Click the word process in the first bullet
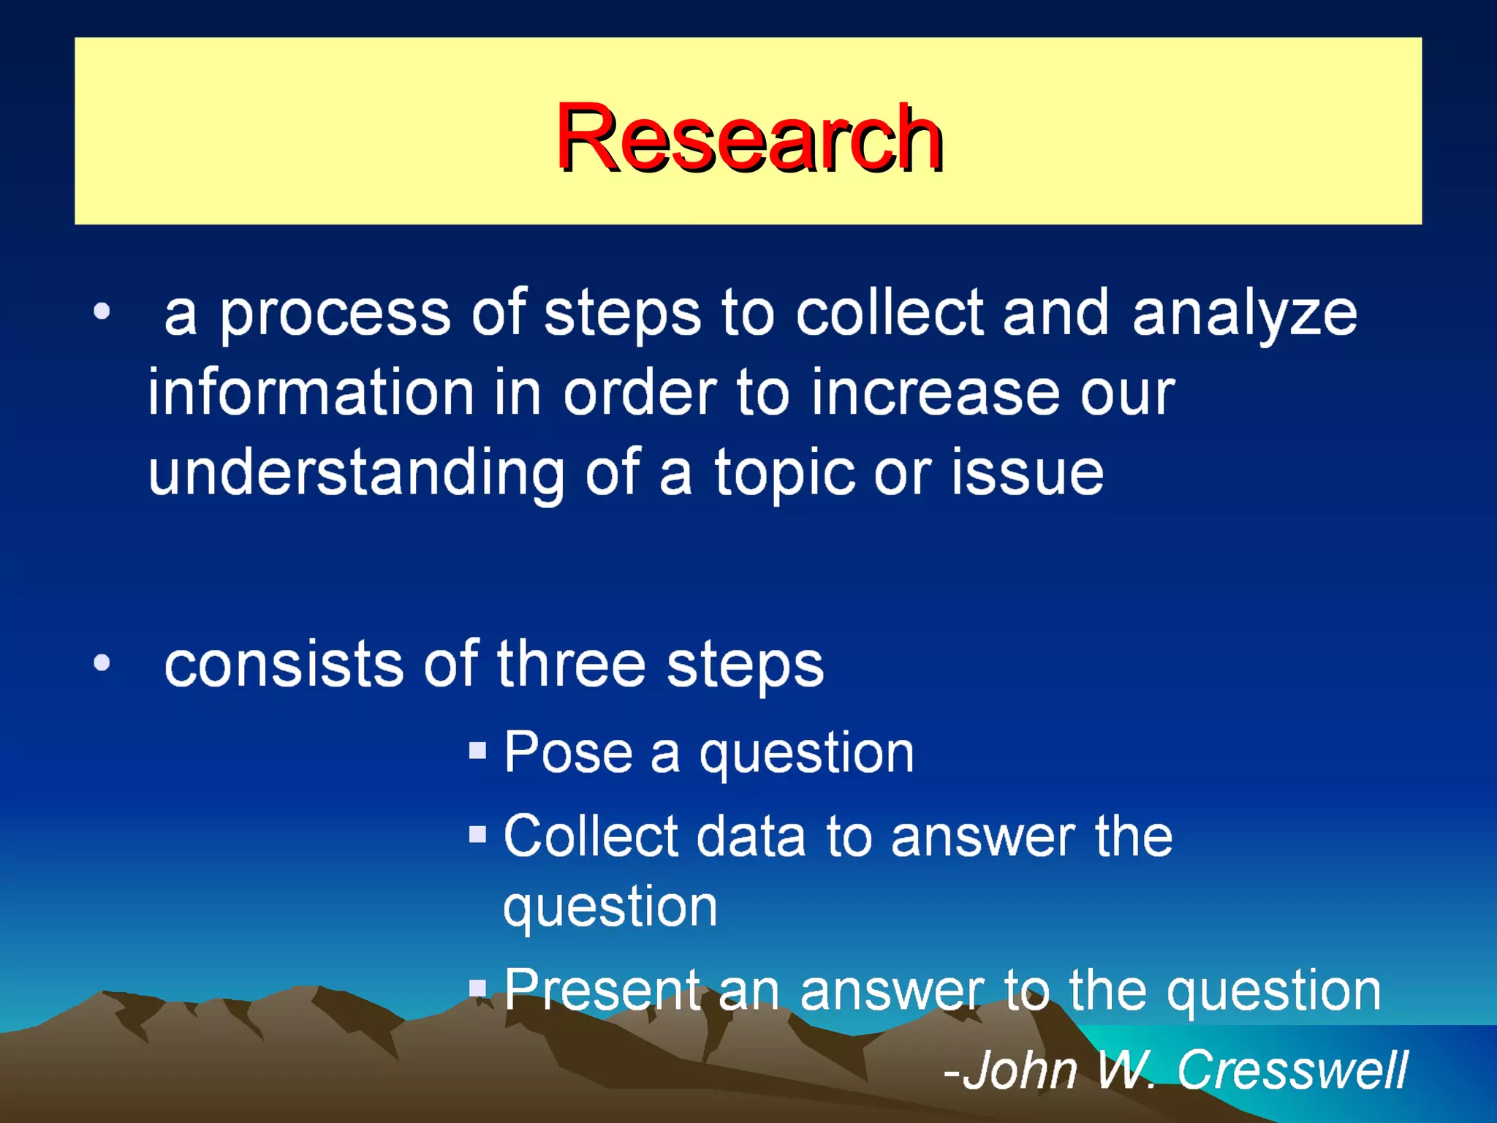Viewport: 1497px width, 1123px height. pyautogui.click(x=335, y=314)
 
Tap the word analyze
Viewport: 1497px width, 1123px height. pyautogui.click(x=1244, y=314)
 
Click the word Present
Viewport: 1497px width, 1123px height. pyautogui.click(x=602, y=990)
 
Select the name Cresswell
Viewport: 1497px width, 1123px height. pyautogui.click(x=1292, y=1070)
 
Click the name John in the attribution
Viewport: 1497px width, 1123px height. pyautogui.click(x=1020, y=1070)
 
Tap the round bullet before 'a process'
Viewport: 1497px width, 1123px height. pyautogui.click(x=102, y=312)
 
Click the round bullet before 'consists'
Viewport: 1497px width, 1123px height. pyautogui.click(x=102, y=663)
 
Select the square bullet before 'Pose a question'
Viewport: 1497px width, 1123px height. pyautogui.click(x=477, y=751)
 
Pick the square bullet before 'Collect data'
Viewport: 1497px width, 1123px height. pyautogui.click(x=477, y=834)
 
